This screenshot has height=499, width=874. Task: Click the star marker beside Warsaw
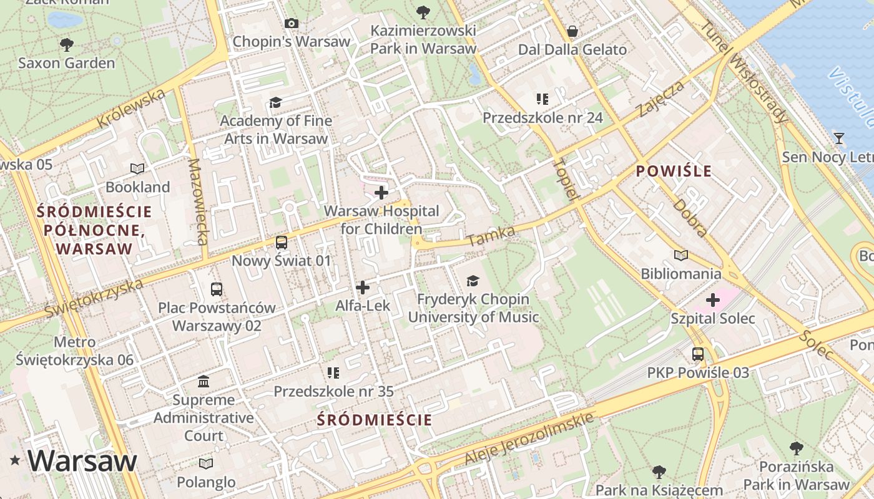[15, 461]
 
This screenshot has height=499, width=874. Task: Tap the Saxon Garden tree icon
[66, 45]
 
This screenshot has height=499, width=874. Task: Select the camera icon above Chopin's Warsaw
[291, 24]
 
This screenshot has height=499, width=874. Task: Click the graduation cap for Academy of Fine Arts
[275, 102]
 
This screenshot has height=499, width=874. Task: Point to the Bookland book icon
[137, 168]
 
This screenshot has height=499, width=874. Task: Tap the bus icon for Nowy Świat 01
[282, 243]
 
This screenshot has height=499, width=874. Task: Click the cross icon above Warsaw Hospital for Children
[381, 193]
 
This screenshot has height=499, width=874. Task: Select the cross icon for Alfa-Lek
[363, 288]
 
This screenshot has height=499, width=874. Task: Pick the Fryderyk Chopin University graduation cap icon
[473, 281]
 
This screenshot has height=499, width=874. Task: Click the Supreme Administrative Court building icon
[204, 381]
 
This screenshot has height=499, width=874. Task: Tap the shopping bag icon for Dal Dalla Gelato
[572, 31]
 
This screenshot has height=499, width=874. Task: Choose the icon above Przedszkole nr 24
[542, 99]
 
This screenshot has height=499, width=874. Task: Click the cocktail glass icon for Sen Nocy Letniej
[839, 138]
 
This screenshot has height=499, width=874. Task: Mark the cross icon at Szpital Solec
[712, 301]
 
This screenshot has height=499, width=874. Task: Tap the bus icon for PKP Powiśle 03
[697, 354]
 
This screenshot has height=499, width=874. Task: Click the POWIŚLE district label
[674, 171]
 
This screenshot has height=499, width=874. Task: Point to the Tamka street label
[491, 236]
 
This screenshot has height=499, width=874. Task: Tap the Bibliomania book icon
[680, 255]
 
